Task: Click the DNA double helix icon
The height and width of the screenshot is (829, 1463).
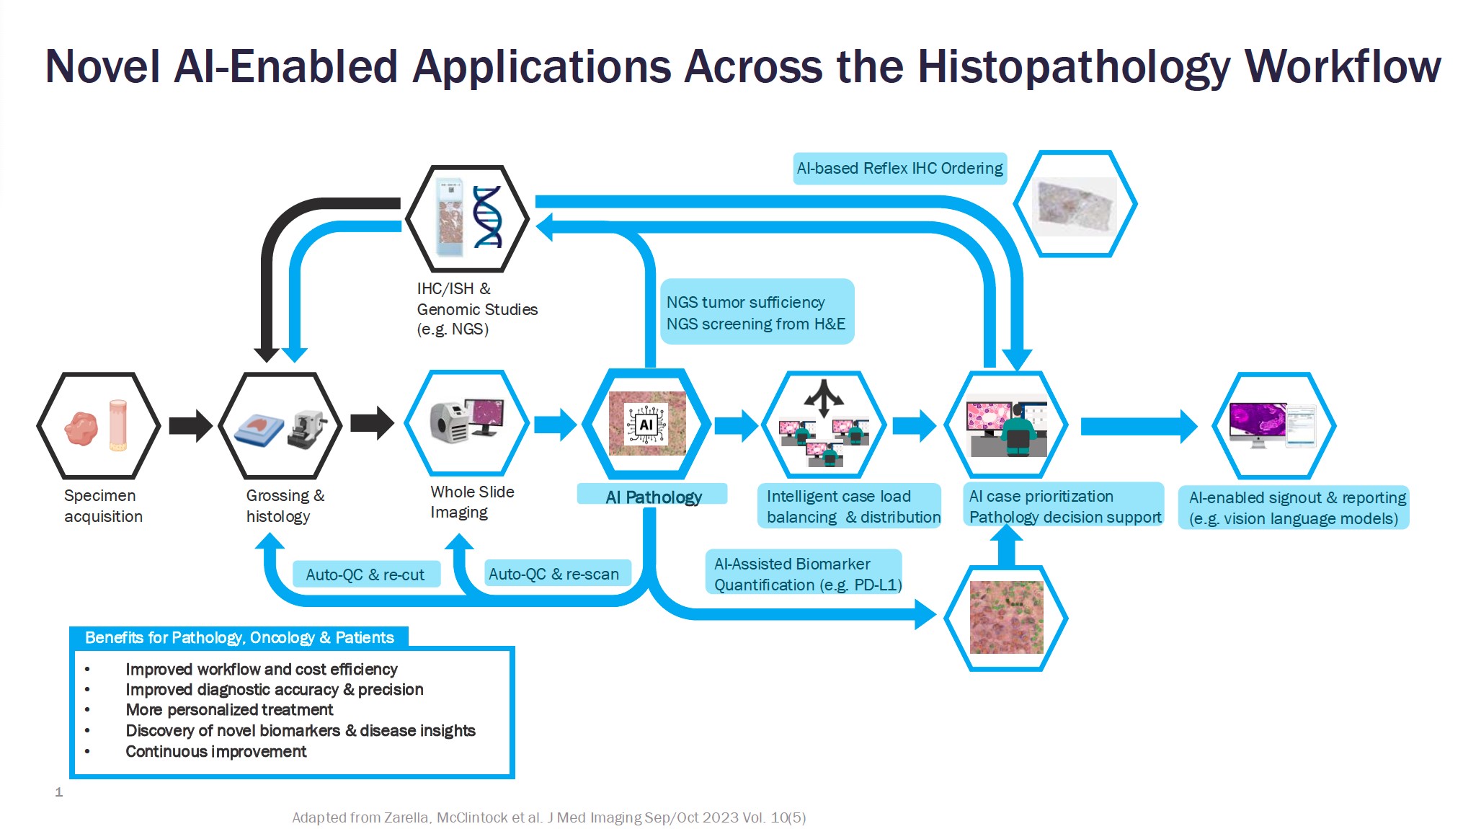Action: (x=487, y=217)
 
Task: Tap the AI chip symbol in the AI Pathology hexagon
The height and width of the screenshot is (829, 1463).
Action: (x=646, y=425)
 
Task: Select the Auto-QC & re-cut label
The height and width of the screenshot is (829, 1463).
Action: (x=365, y=575)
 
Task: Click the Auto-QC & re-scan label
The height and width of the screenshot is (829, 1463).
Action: (x=554, y=574)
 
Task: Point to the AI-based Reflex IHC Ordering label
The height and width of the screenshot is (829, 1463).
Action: (x=899, y=169)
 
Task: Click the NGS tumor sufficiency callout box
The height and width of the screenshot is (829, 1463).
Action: (x=756, y=313)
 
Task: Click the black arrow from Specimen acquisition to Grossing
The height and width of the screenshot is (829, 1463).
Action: (x=190, y=425)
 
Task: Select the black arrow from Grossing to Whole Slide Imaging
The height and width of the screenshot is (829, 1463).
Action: (x=372, y=423)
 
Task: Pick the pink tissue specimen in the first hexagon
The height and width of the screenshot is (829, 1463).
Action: (x=81, y=428)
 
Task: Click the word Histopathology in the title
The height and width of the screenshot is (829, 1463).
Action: (x=1074, y=67)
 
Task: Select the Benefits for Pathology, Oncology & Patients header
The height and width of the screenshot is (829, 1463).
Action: (x=239, y=637)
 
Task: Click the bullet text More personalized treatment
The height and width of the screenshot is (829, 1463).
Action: (x=229, y=710)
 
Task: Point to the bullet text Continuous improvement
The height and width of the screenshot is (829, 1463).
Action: (x=216, y=751)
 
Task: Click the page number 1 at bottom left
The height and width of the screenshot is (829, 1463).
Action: (x=59, y=792)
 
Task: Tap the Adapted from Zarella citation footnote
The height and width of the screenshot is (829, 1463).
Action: (x=548, y=817)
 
